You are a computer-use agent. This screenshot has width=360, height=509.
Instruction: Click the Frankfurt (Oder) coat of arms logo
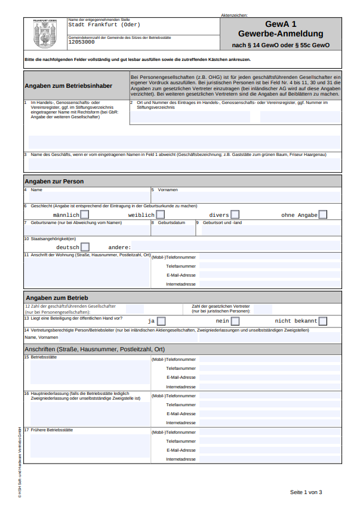45,35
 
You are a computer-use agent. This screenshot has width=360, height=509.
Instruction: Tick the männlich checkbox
85,214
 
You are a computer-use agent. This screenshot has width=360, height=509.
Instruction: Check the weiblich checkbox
160,214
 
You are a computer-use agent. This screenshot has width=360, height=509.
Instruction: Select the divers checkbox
235,214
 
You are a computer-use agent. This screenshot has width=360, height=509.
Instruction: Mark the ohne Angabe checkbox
322,214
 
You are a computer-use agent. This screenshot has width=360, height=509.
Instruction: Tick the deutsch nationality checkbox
85,247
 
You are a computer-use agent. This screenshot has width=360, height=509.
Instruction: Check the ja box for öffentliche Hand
161,321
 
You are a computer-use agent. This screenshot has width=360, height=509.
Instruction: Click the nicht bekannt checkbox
322,321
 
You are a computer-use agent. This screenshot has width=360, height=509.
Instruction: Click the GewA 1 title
281,24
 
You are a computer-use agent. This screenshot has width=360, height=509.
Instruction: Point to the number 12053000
81,42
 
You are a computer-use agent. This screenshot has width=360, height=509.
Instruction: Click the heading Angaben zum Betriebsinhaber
68,85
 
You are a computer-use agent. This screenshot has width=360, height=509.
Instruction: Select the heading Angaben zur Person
54,181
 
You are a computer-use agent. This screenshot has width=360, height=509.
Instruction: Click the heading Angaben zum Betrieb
57,298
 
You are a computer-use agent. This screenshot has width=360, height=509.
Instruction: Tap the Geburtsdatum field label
167,222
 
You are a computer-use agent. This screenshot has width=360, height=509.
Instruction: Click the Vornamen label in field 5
168,189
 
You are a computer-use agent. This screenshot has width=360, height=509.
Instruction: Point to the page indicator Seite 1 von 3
306,492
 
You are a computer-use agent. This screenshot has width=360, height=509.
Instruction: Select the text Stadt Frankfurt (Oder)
104,25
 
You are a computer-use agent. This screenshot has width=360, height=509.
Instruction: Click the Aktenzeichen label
234,15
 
